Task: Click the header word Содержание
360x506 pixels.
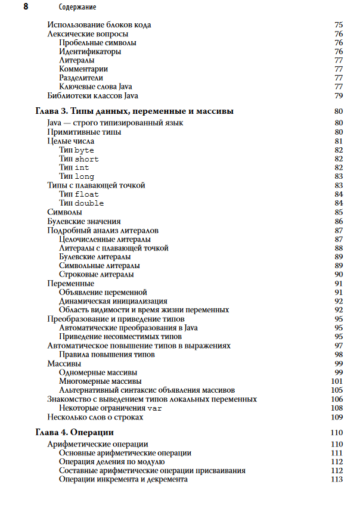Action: [77, 7]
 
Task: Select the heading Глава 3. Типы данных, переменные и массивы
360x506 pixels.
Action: [134, 111]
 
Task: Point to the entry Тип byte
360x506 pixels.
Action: [76, 150]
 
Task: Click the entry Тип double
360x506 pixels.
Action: [81, 203]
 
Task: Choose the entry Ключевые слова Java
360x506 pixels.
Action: [95, 87]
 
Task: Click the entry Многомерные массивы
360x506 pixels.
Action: [100, 381]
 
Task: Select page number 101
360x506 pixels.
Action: [337, 381]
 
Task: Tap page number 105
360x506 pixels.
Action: [337, 390]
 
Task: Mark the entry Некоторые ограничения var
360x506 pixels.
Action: [110, 408]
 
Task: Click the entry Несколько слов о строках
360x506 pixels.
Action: [95, 417]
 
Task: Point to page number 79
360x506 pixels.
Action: [339, 96]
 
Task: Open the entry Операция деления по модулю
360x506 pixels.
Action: [111, 462]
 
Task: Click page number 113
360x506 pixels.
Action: [337, 480]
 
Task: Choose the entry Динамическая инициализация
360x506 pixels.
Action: [113, 301]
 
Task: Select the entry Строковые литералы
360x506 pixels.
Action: [96, 274]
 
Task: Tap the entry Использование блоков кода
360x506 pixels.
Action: [99, 25]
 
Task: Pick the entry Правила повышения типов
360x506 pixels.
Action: [107, 354]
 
